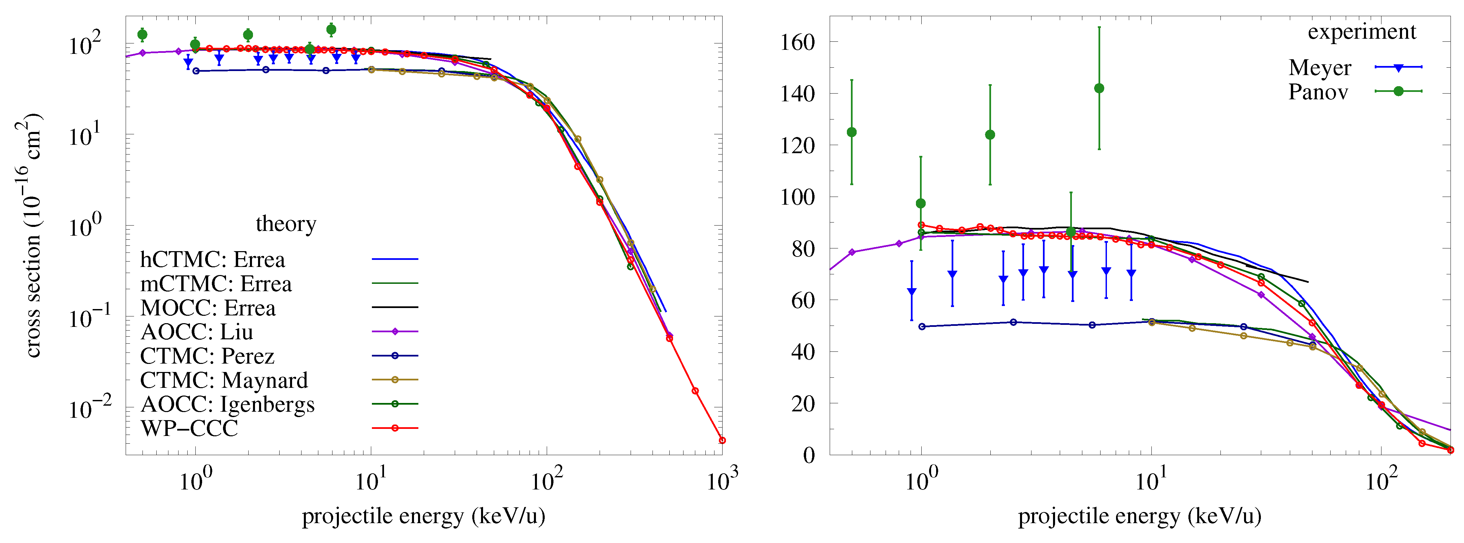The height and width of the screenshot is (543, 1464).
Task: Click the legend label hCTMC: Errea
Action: click(x=213, y=260)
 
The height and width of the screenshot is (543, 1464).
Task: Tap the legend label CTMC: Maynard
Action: click(x=224, y=380)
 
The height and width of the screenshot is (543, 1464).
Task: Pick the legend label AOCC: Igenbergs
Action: click(x=227, y=404)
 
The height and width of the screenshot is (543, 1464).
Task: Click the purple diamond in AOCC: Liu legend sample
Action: click(x=395, y=331)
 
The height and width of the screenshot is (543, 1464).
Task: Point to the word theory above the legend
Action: click(x=286, y=224)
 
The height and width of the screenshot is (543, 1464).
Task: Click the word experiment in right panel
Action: click(x=1362, y=32)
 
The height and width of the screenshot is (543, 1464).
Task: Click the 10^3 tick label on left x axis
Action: click(x=722, y=480)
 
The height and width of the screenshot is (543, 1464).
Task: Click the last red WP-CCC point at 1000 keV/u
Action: click(x=722, y=440)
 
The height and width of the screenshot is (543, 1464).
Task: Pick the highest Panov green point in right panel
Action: click(x=1099, y=89)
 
